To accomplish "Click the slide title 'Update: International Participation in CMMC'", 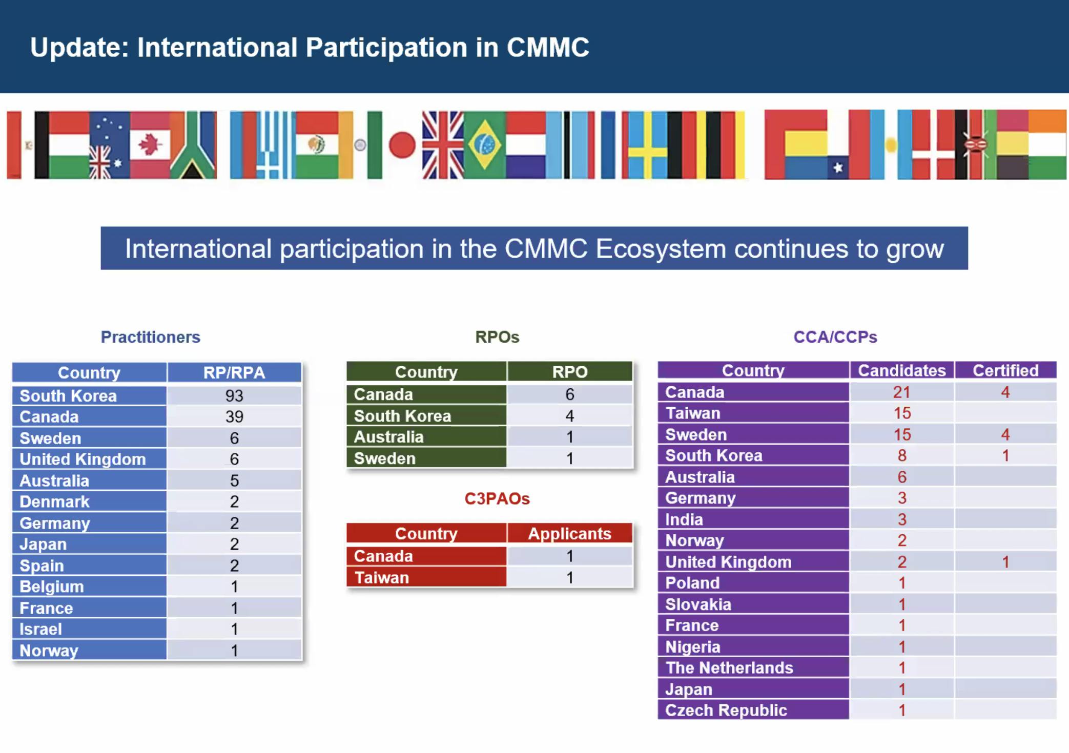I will pyautogui.click(x=310, y=48).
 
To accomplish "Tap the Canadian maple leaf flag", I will pyautogui.click(x=150, y=144).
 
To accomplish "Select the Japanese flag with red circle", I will pyautogui.click(x=402, y=145).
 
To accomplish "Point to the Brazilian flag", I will pyautogui.click(x=484, y=145).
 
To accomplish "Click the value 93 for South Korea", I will pyautogui.click(x=234, y=395).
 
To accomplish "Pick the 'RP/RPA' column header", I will pyautogui.click(x=234, y=372).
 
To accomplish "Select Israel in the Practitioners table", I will pyautogui.click(x=40, y=629).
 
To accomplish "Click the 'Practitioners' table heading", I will pyautogui.click(x=150, y=337).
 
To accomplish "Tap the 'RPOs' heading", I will pyautogui.click(x=497, y=337).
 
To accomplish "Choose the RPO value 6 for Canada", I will pyautogui.click(x=569, y=394).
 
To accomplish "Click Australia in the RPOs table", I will pyautogui.click(x=388, y=437).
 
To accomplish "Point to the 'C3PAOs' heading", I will pyautogui.click(x=497, y=498).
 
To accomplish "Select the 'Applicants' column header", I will pyautogui.click(x=569, y=534).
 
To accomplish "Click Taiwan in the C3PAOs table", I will pyautogui.click(x=381, y=578).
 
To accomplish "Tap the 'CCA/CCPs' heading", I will pyautogui.click(x=835, y=337).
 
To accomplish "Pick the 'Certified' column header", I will pyautogui.click(x=1005, y=370).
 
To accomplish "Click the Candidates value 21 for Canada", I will pyautogui.click(x=901, y=392).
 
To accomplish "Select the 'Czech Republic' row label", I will pyautogui.click(x=726, y=710).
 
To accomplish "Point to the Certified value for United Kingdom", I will pyautogui.click(x=1005, y=562).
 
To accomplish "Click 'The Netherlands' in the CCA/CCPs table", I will pyautogui.click(x=729, y=668).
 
